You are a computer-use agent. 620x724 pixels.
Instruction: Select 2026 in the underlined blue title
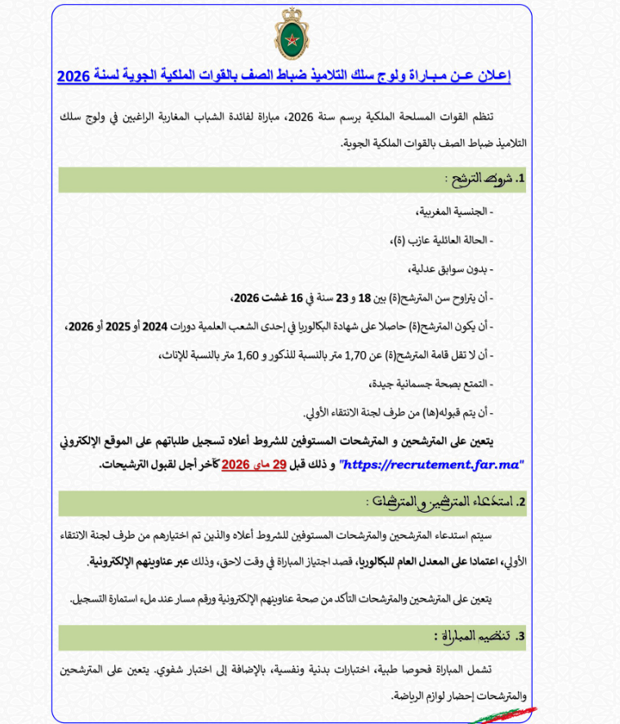74,76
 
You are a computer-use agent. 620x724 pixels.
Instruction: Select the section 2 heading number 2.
520,501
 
